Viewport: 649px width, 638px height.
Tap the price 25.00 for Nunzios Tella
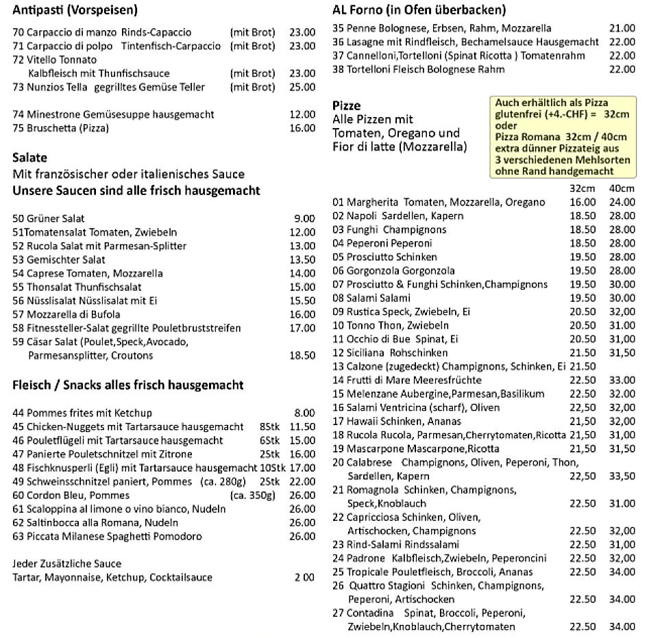click(302, 87)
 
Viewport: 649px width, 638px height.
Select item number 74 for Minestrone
click(19, 114)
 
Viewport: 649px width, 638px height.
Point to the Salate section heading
click(29, 157)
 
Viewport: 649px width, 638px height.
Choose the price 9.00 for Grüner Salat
click(304, 218)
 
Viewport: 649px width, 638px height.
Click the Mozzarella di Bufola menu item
click(73, 314)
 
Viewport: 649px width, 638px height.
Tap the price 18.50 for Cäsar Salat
click(302, 355)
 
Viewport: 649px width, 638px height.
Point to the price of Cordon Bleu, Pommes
click(302, 495)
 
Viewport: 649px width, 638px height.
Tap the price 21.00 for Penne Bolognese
click(622, 28)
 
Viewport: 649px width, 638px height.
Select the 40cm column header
click(622, 188)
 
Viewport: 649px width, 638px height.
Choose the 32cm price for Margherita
click(583, 202)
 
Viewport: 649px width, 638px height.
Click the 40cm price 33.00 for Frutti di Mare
click(622, 380)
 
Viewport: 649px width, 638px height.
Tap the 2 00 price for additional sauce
click(305, 577)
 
